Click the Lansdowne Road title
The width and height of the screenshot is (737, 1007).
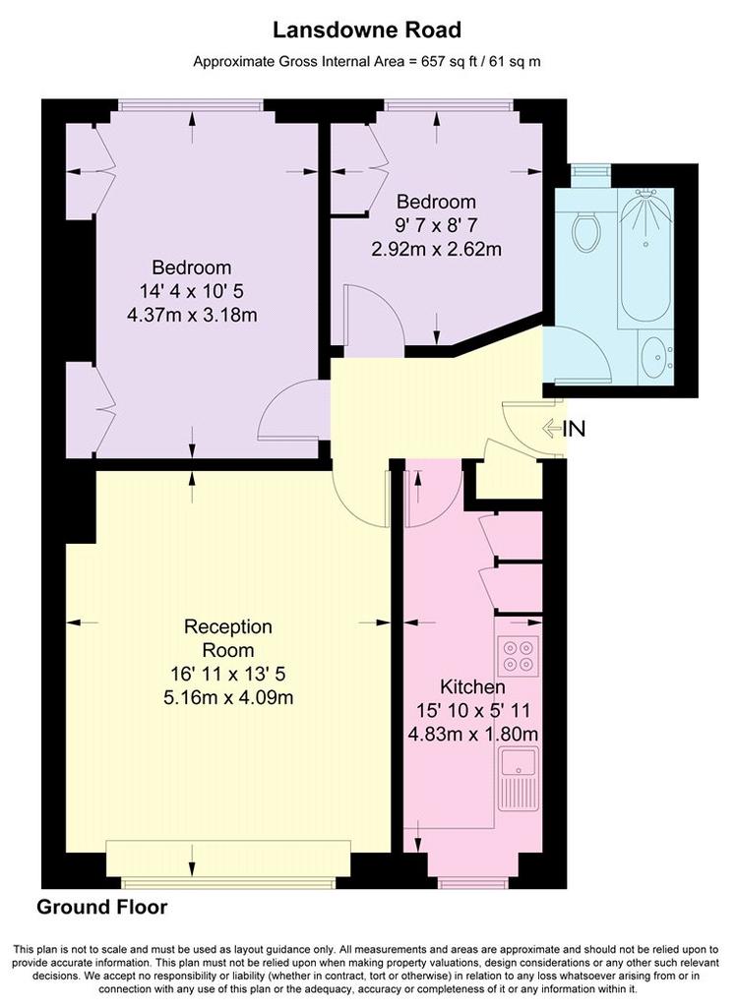click(367, 30)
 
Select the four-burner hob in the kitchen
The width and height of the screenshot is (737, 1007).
click(518, 656)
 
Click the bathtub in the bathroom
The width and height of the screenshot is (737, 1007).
click(645, 257)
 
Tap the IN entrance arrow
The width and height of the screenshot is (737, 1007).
click(552, 429)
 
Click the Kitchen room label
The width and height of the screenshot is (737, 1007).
click(472, 686)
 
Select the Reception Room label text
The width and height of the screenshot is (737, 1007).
click(228, 637)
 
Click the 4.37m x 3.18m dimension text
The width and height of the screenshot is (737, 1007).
click(193, 316)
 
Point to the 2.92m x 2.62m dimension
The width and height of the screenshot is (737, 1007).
click(436, 249)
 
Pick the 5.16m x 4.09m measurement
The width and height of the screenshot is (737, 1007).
click(228, 697)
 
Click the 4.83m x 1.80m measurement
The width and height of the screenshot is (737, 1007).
click(473, 734)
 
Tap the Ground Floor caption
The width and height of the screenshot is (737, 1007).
click(102, 907)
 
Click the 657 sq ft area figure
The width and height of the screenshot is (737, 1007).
click(446, 62)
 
